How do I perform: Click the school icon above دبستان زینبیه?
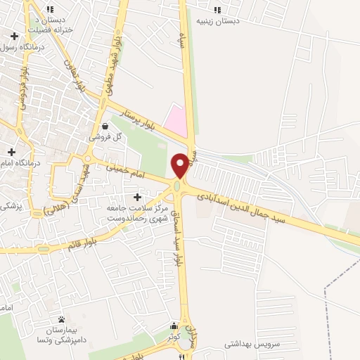pos(217,10)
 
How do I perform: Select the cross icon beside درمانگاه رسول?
pos(14,35)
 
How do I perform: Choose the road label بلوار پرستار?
pos(133,117)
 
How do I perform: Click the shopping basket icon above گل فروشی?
pos(105,127)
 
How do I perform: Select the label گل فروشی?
pos(105,138)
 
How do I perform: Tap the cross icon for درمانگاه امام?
pos(12,151)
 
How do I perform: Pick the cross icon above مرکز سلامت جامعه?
pos(137,198)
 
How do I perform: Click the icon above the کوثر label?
pos(174,326)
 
